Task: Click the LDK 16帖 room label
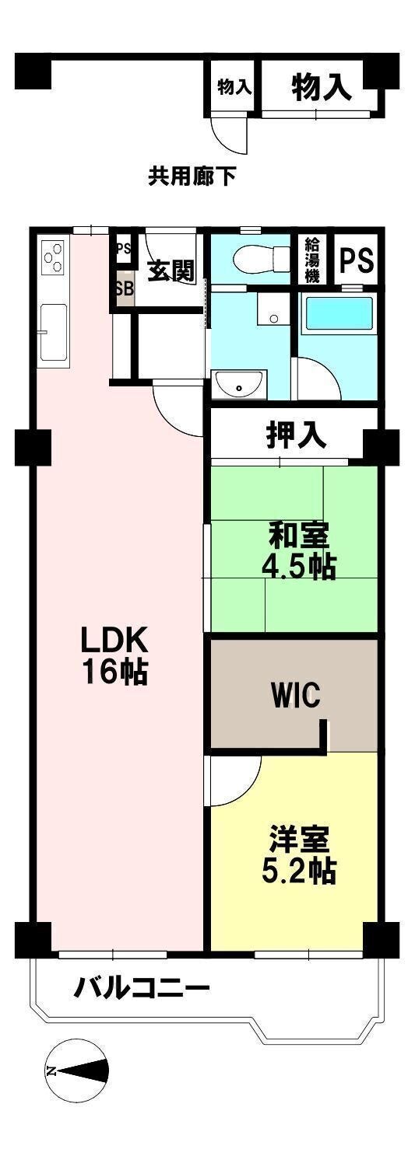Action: pyautogui.click(x=114, y=655)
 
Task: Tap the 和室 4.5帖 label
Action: pyautogui.click(x=298, y=550)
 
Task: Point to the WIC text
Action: pyautogui.click(x=296, y=694)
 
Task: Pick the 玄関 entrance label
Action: pyautogui.click(x=171, y=270)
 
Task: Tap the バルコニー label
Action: pyautogui.click(x=142, y=988)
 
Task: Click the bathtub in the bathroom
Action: pyautogui.click(x=339, y=316)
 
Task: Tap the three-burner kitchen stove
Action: pyautogui.click(x=54, y=256)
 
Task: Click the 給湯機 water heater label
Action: pyautogui.click(x=311, y=260)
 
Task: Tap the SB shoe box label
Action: pyautogui.click(x=124, y=288)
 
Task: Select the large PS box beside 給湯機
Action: pyautogui.click(x=356, y=260)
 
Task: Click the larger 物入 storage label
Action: pyautogui.click(x=322, y=87)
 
